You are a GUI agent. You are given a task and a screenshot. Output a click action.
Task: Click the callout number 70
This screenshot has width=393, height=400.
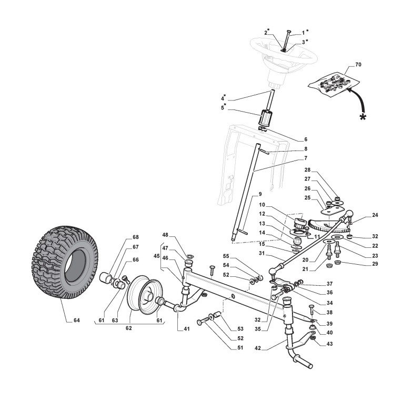coord(358,65)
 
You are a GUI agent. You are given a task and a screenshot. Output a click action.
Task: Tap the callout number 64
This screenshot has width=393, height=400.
coord(77,320)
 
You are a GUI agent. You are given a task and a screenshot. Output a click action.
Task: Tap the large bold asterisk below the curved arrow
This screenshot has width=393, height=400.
coord(362,117)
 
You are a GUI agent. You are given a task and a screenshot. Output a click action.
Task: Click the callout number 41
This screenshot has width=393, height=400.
coord(187,330)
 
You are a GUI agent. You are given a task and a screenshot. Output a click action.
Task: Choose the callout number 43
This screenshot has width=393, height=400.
coord(330,344)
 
